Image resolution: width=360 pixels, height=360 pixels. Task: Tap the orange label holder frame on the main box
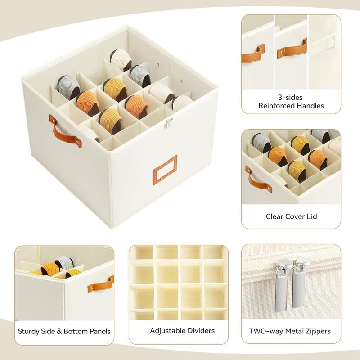(165, 169)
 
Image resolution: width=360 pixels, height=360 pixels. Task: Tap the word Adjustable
(167, 331)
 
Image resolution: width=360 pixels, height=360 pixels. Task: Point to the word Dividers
(201, 331)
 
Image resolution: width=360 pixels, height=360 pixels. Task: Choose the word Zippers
(315, 331)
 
